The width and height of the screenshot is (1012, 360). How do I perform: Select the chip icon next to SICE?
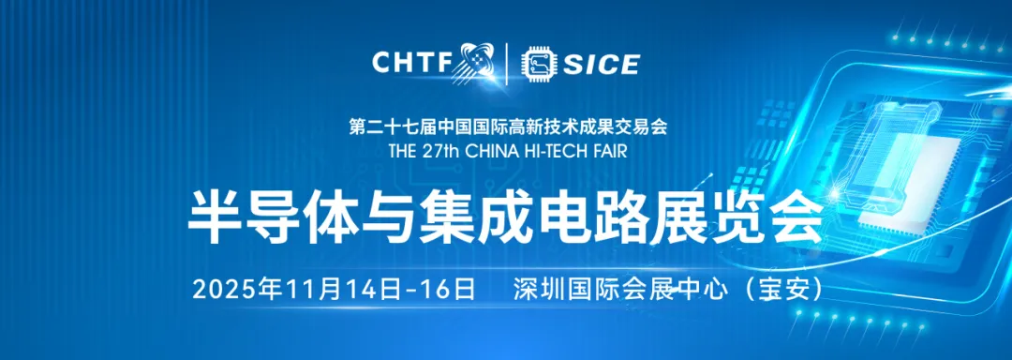tap(540, 64)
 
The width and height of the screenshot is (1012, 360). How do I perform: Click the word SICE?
tap(602, 64)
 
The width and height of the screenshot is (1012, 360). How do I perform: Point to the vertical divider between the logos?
tap(507, 64)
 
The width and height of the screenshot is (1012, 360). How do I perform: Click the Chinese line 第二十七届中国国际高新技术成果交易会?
tap(508, 127)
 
